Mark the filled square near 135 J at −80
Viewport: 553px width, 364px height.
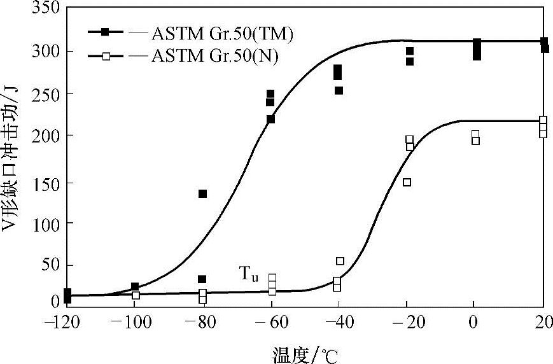click(202, 193)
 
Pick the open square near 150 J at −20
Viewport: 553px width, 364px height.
click(407, 182)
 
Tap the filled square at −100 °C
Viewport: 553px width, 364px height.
click(134, 287)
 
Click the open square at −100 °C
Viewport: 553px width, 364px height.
click(136, 295)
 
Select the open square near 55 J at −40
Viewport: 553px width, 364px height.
click(340, 261)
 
